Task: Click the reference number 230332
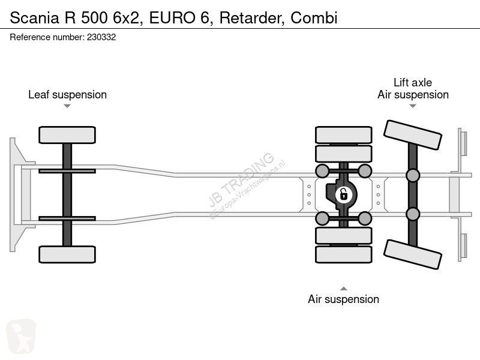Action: point(101,37)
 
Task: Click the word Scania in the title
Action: point(34,18)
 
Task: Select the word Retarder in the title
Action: point(252,18)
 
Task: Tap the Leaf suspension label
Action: point(67,95)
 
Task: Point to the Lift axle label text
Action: point(413,82)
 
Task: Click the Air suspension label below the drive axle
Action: point(343,299)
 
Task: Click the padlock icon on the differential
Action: point(343,194)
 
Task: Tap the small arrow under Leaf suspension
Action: point(67,106)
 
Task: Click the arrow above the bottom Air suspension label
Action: point(343,289)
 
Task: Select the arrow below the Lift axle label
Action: point(413,106)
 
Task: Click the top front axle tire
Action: point(67,135)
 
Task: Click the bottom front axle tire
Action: point(67,254)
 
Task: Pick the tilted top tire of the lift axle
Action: point(413,135)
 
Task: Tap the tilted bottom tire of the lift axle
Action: point(413,254)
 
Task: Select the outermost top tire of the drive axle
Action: point(343,135)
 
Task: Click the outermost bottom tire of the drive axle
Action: point(343,254)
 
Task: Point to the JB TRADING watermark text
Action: point(241,179)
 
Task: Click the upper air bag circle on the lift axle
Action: point(413,175)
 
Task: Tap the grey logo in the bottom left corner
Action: point(21,337)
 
